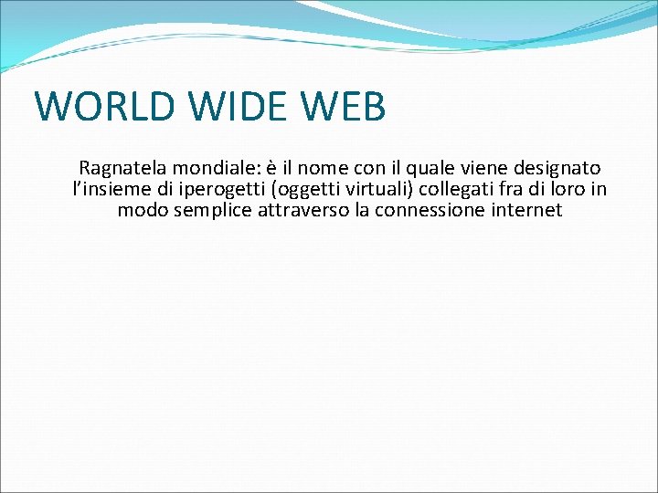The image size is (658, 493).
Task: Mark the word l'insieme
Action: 107,190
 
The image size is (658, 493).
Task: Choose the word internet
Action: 527,211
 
